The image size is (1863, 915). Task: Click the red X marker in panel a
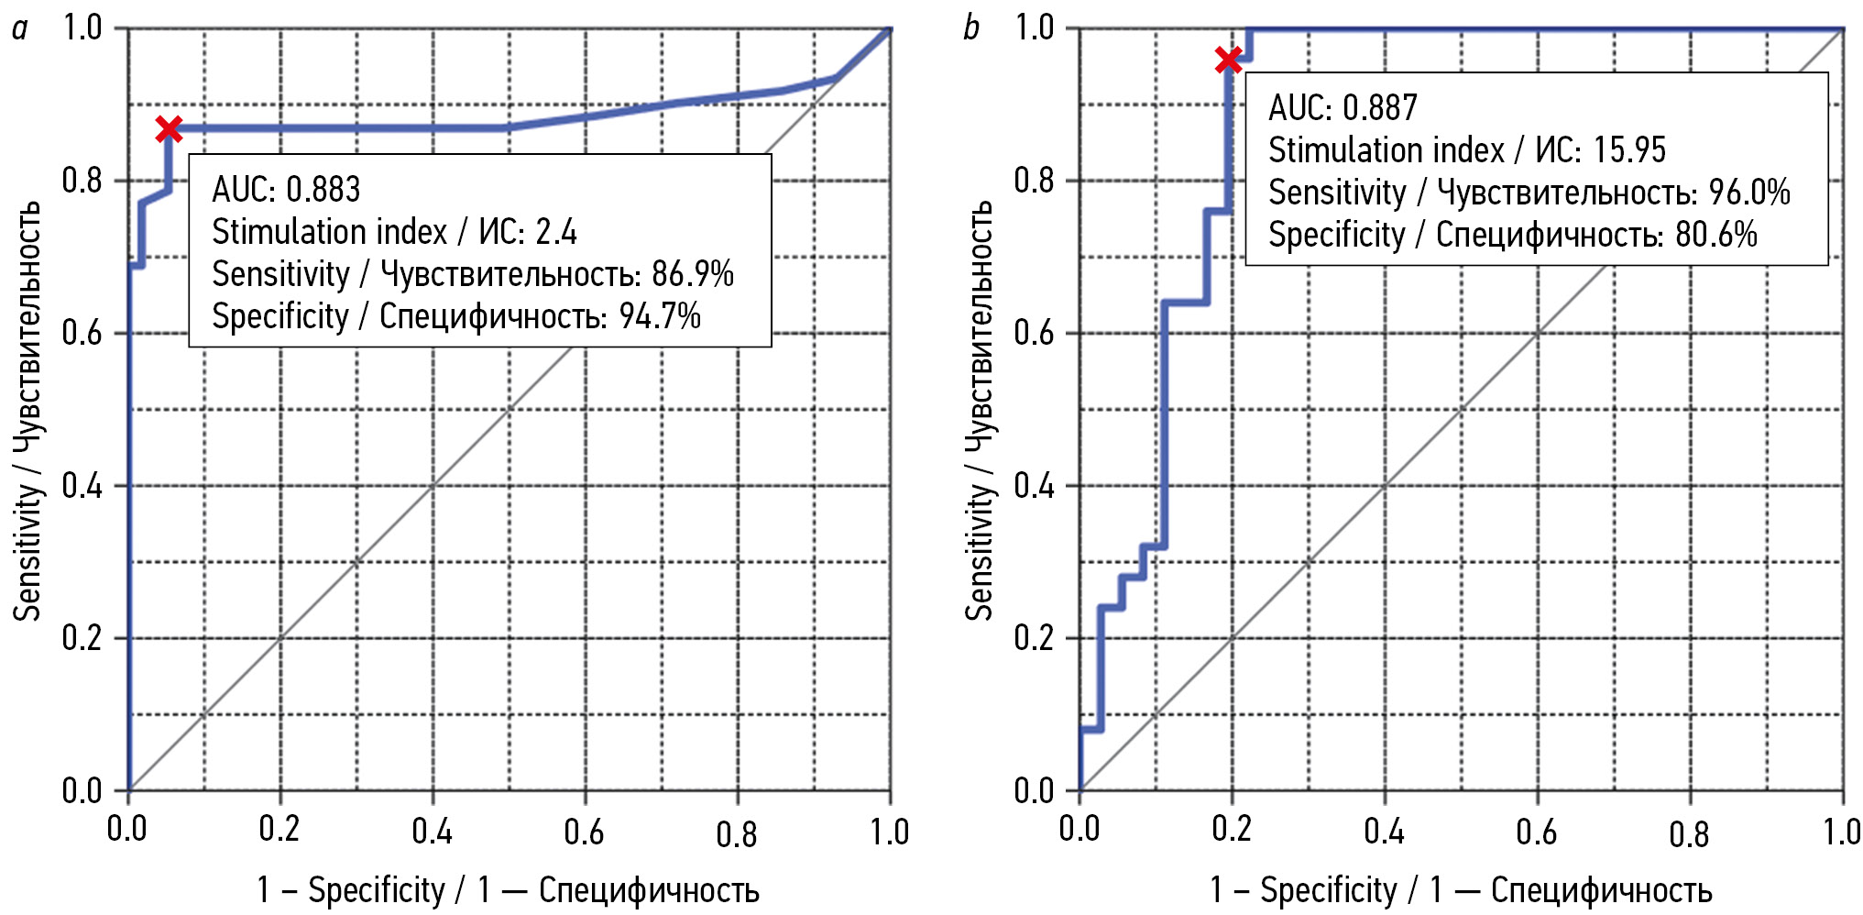coord(169,129)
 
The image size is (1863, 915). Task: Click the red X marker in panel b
coord(1229,61)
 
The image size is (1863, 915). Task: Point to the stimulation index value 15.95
coord(1629,150)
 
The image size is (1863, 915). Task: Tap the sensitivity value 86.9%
coord(693,274)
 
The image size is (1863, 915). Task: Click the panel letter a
coord(19,28)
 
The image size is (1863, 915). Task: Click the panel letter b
coord(971,28)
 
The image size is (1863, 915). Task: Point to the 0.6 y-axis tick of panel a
coord(82,333)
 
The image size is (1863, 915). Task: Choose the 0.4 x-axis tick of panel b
coord(1384,831)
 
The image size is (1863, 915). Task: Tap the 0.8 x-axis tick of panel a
coord(737,832)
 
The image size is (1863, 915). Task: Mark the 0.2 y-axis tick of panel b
coord(1034,637)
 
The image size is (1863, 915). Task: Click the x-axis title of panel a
coord(508,889)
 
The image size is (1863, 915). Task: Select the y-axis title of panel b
coord(979,410)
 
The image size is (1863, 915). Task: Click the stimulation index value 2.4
coord(556,232)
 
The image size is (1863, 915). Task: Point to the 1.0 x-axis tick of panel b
coord(1842,831)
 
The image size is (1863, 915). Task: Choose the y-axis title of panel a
coord(27,410)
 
